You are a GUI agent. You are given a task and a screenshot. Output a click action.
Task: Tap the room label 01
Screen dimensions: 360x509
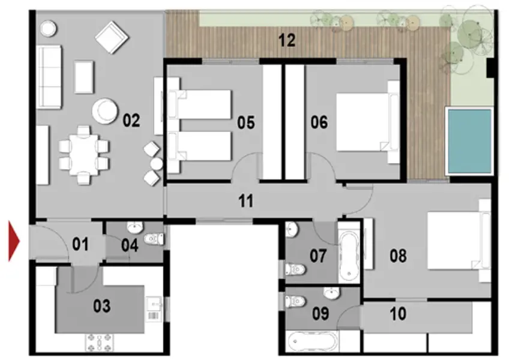click(x=81, y=244)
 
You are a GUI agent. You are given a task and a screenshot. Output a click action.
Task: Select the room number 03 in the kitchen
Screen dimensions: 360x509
click(x=101, y=306)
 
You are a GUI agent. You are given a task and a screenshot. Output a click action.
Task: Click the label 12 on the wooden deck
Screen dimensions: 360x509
click(x=287, y=41)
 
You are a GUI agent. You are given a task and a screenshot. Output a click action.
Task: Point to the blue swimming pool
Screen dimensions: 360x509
click(x=469, y=141)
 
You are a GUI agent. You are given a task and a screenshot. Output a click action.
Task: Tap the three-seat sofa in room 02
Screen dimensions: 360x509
click(x=49, y=77)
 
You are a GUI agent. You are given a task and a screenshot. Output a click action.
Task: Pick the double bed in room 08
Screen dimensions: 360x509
click(x=454, y=239)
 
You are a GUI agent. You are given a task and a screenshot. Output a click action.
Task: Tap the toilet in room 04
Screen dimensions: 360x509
click(x=154, y=239)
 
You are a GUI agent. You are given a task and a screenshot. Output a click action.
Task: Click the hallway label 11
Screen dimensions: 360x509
click(x=245, y=200)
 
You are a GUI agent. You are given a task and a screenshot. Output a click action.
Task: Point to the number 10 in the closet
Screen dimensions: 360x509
click(x=398, y=313)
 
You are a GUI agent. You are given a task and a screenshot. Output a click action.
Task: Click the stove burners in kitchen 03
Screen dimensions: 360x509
click(x=100, y=342)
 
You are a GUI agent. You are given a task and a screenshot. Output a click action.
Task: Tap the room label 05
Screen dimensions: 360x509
click(x=245, y=123)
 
